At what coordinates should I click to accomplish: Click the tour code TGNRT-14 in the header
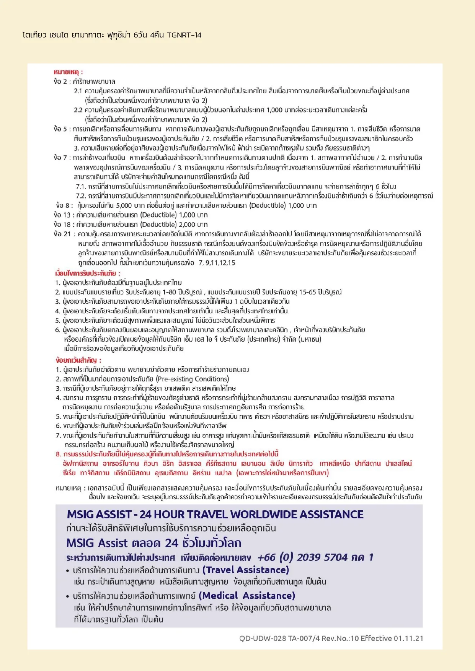(184, 35)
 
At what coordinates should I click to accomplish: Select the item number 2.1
(78, 91)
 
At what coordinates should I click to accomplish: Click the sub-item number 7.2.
(80, 196)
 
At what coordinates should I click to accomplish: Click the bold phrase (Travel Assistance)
(245, 570)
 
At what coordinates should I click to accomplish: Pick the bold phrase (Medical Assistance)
(247, 596)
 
